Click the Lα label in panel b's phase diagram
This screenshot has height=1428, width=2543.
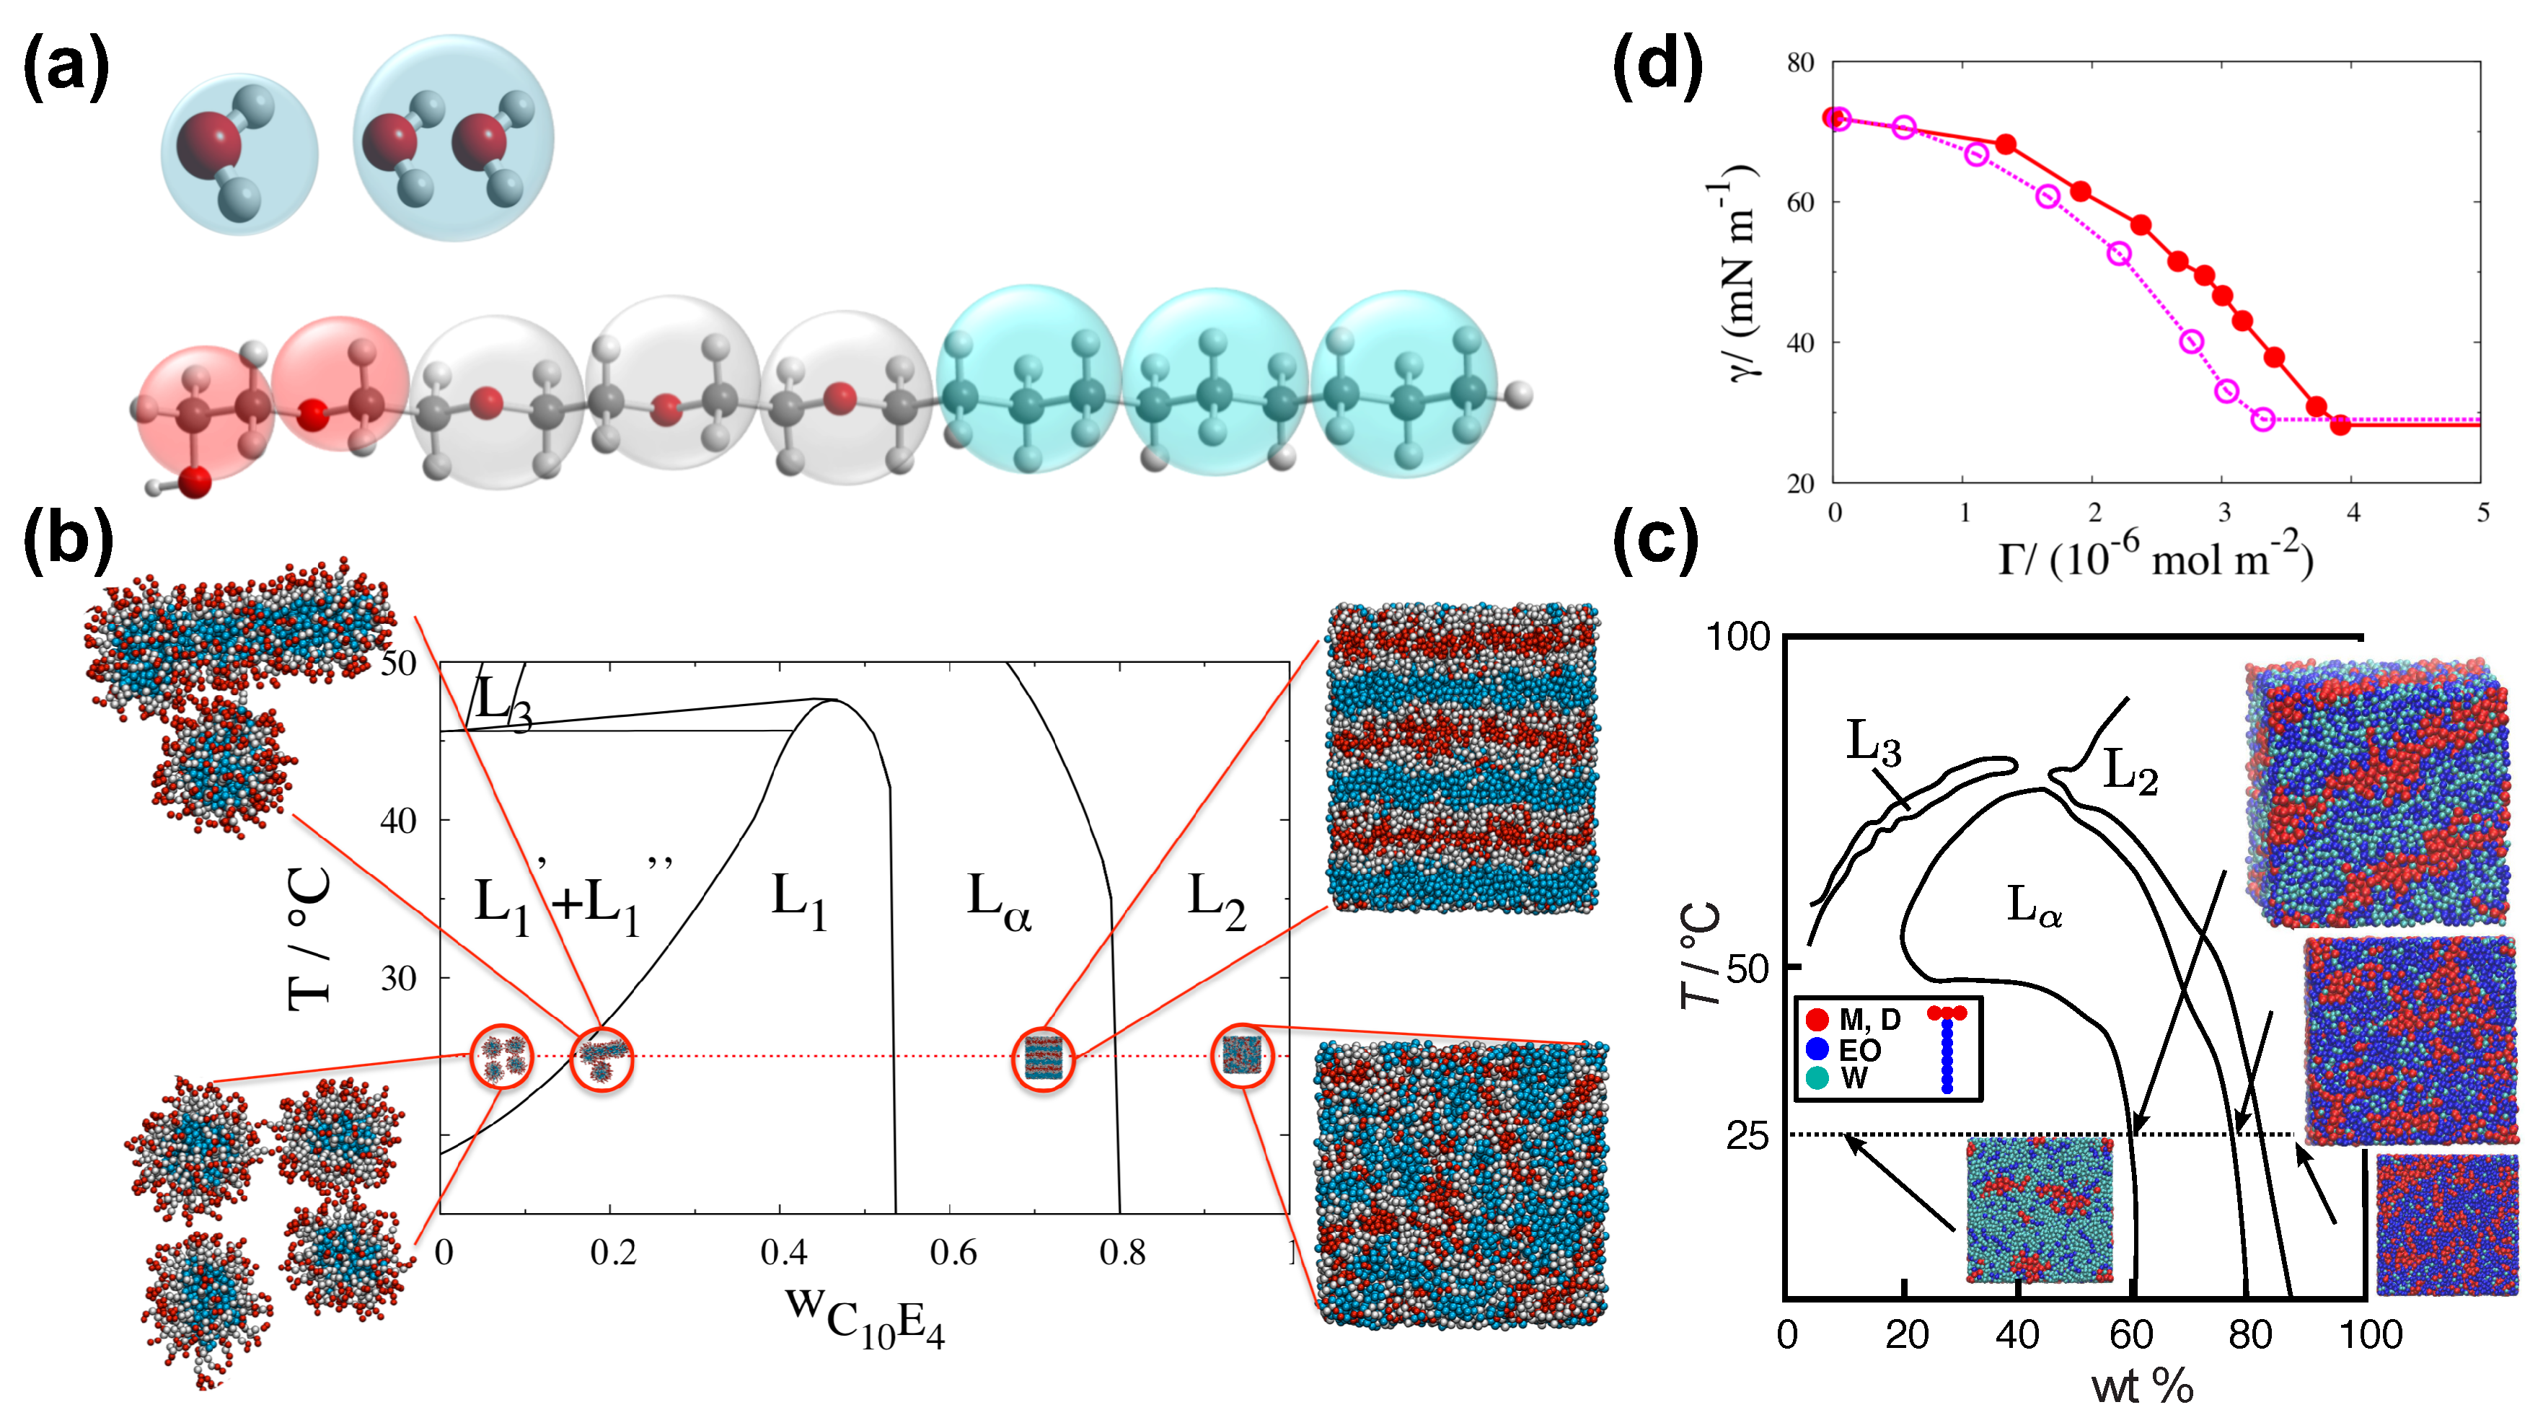tap(998, 903)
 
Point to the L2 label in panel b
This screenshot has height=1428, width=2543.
tap(1215, 903)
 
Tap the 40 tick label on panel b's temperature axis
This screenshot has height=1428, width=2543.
tap(399, 821)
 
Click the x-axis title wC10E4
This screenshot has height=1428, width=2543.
tap(865, 1315)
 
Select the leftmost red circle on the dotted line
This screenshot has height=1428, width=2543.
tap(501, 1057)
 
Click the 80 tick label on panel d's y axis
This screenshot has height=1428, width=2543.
tap(1799, 63)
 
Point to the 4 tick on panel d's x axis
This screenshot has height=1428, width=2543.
tap(2353, 512)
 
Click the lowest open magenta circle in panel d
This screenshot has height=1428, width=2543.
tap(2264, 420)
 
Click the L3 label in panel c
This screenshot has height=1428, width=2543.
tap(1873, 742)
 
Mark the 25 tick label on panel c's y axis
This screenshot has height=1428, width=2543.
tap(1748, 1137)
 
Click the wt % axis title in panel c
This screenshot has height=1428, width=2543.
tap(2142, 1387)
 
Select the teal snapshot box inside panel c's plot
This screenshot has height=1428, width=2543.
tap(2040, 1210)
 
